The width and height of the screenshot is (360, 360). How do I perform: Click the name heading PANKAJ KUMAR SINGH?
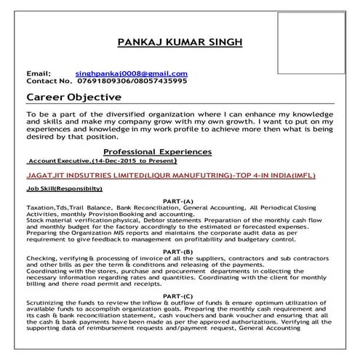pos(180,43)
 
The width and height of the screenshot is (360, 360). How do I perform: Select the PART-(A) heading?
pos(179,201)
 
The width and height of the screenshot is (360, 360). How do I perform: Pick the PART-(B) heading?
pos(179,250)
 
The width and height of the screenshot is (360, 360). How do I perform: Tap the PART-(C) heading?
pos(179,297)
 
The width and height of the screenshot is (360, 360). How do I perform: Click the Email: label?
pos(39,74)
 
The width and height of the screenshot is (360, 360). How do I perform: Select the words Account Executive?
pos(58,160)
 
